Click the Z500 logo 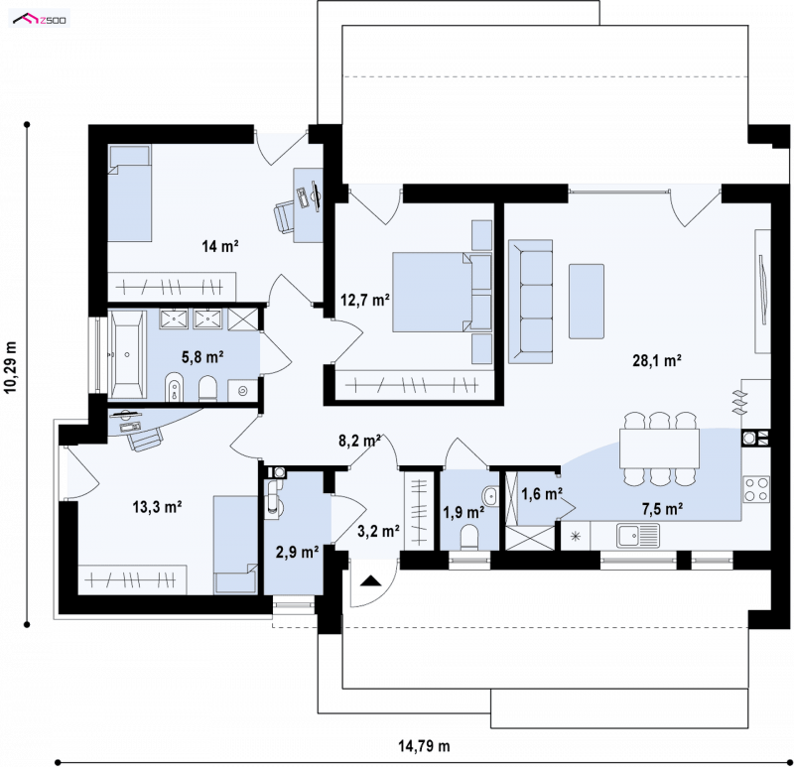point(40,20)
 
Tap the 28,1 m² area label point(656,360)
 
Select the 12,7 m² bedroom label point(364,301)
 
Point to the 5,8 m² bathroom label point(202,357)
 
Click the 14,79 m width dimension point(424,746)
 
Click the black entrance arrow point(370,580)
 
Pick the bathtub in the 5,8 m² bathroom point(127,354)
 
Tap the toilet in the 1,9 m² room point(469,537)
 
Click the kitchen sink point(638,536)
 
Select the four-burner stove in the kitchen point(756,489)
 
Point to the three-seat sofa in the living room point(530,302)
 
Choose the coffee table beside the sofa point(587,302)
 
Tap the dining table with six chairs point(659,448)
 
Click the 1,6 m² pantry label point(542,493)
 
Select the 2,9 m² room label point(297,552)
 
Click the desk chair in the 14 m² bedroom point(285,216)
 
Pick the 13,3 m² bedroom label point(158,506)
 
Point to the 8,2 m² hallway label point(359,441)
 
